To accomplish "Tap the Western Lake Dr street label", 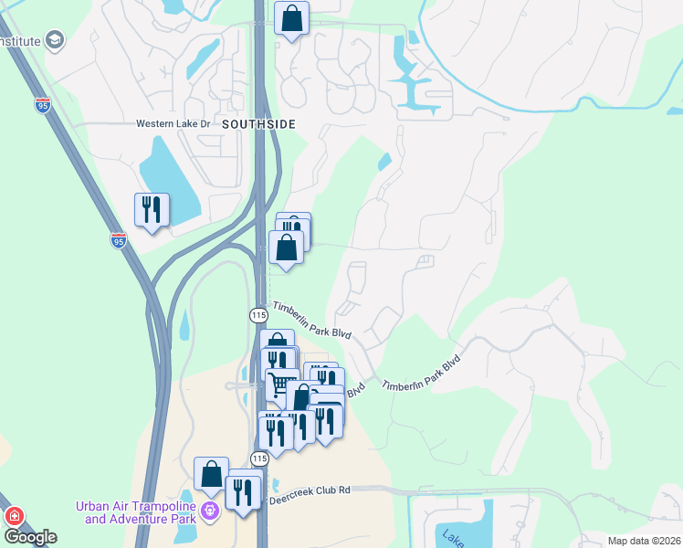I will point(173,123).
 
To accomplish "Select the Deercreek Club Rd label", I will point(308,490).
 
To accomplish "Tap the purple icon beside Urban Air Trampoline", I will point(211,511).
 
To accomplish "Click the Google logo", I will point(30,537).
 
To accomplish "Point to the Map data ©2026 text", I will point(643,541).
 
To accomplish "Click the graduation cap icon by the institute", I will point(56,40).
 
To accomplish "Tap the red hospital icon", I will point(14,516).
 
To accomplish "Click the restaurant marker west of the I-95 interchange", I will point(152,210).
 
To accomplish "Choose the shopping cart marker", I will point(282,385).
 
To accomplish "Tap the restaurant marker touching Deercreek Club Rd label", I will point(243,493).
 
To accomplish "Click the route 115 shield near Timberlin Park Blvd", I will point(257,314).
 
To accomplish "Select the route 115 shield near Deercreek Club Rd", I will point(259,458).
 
